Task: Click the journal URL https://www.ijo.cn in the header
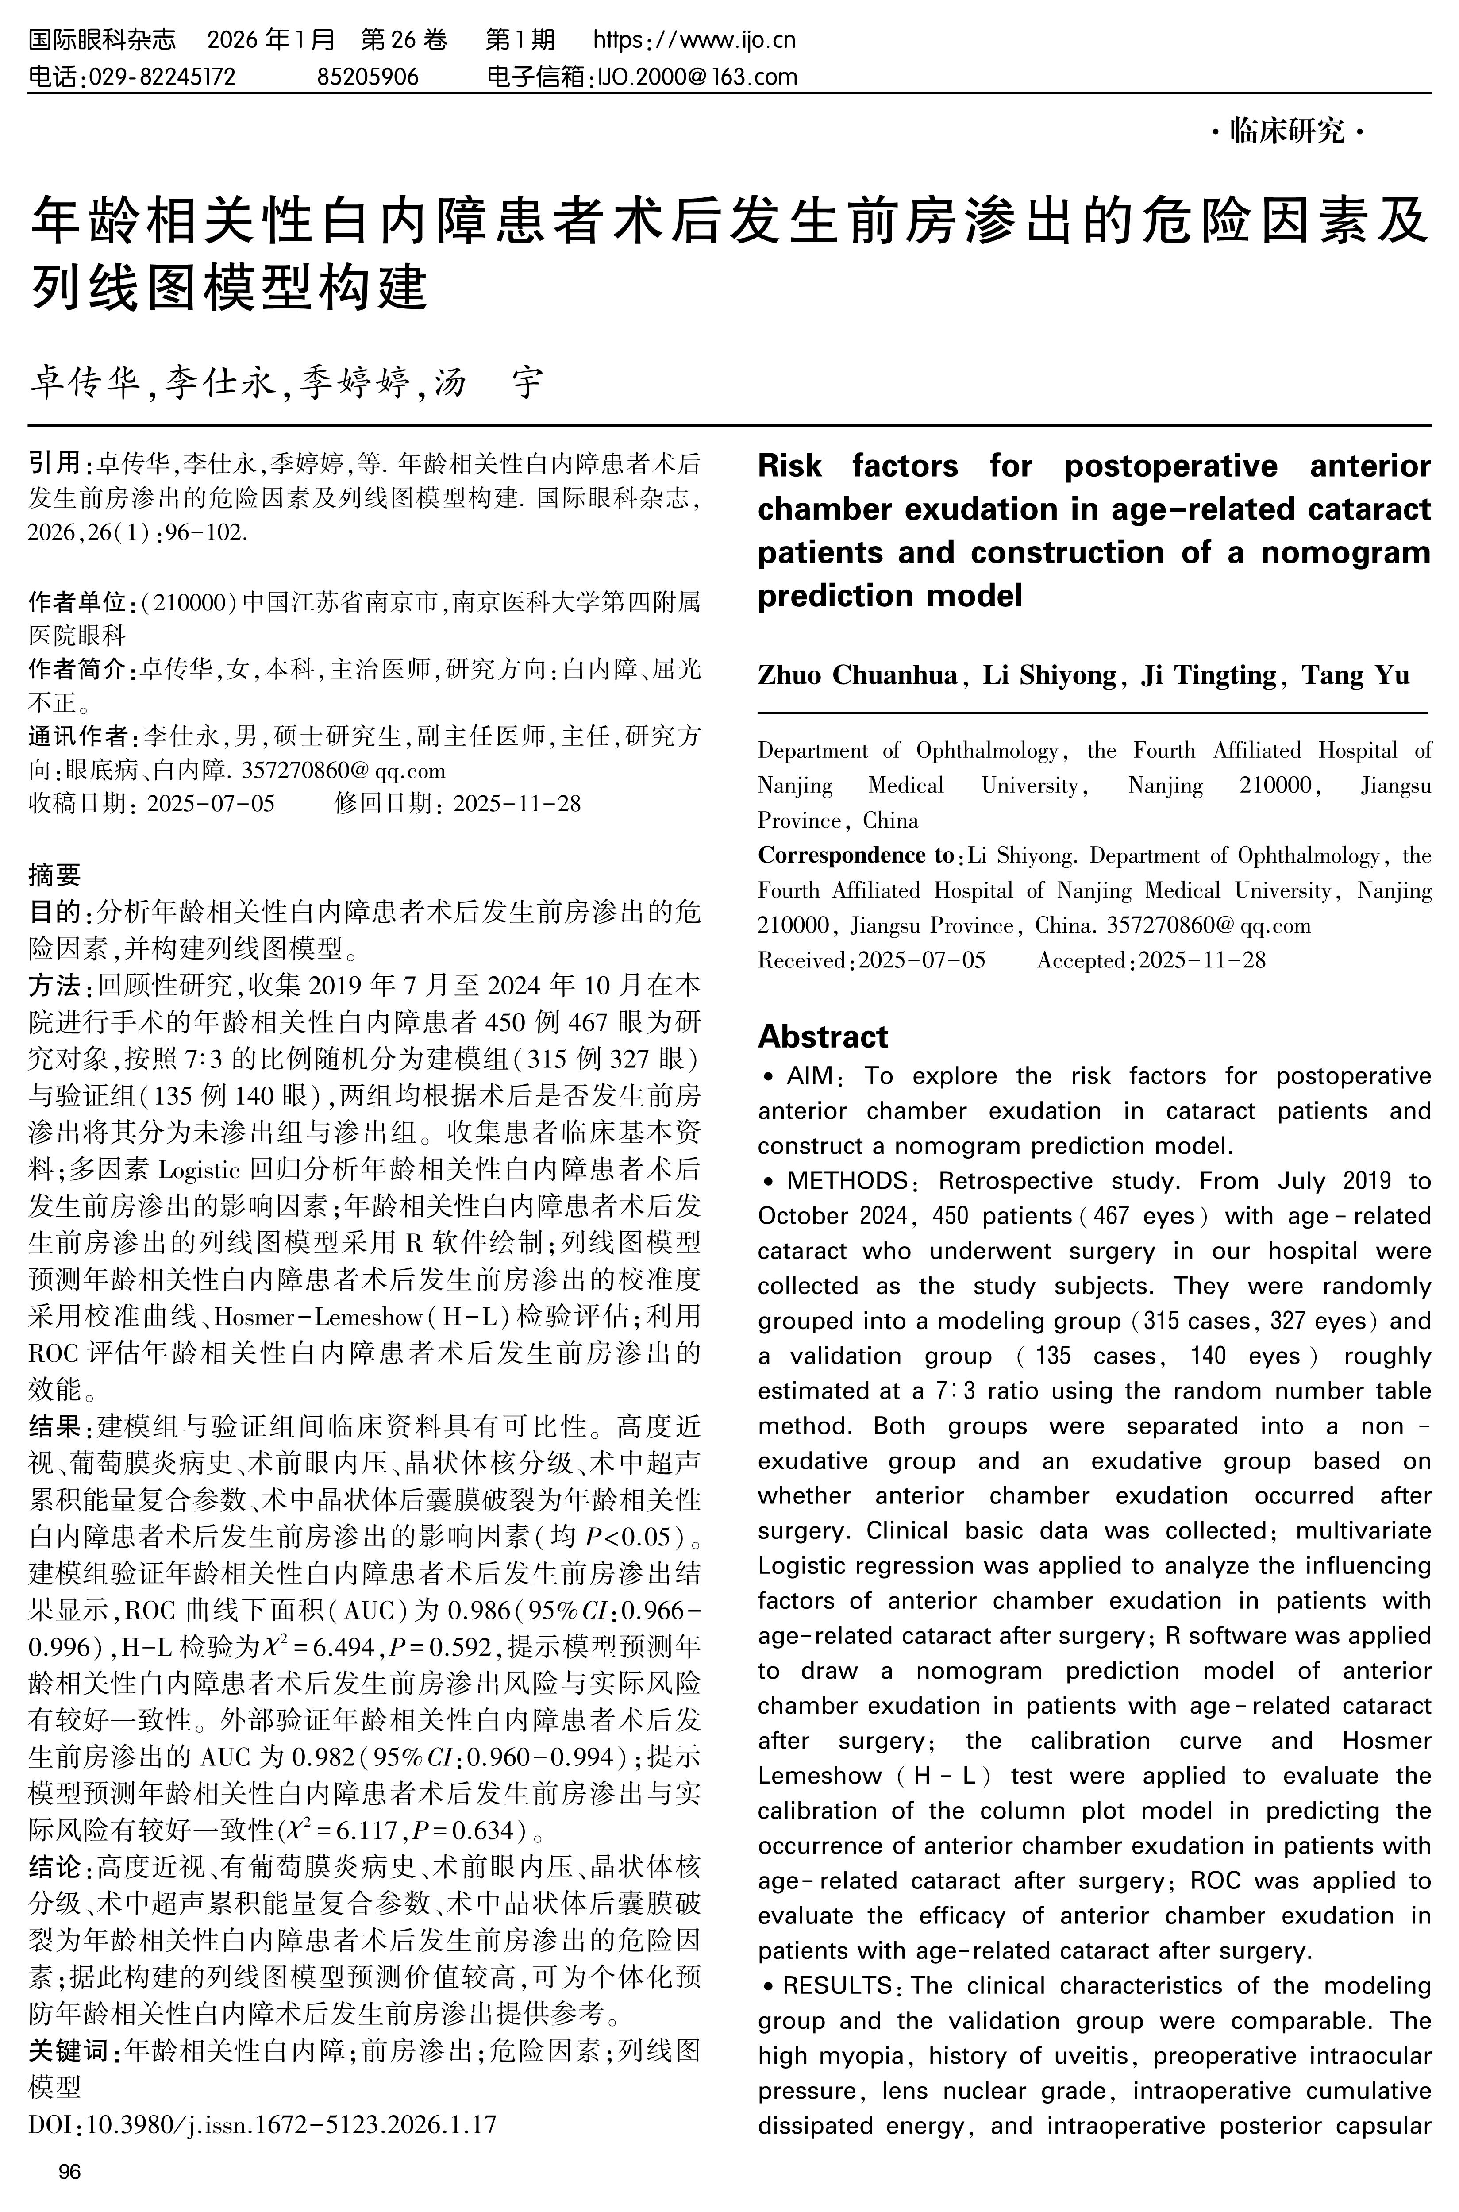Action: [694, 40]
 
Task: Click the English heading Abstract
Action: [823, 1036]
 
